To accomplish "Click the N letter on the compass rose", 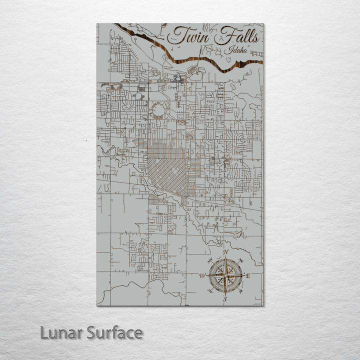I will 225,252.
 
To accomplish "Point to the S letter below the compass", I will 225,298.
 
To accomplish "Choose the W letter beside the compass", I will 202,275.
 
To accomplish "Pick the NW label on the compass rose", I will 209,260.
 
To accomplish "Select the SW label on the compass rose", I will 210,291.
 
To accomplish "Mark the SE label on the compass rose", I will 241,291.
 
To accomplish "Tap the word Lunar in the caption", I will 61,332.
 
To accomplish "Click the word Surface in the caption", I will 114,332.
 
